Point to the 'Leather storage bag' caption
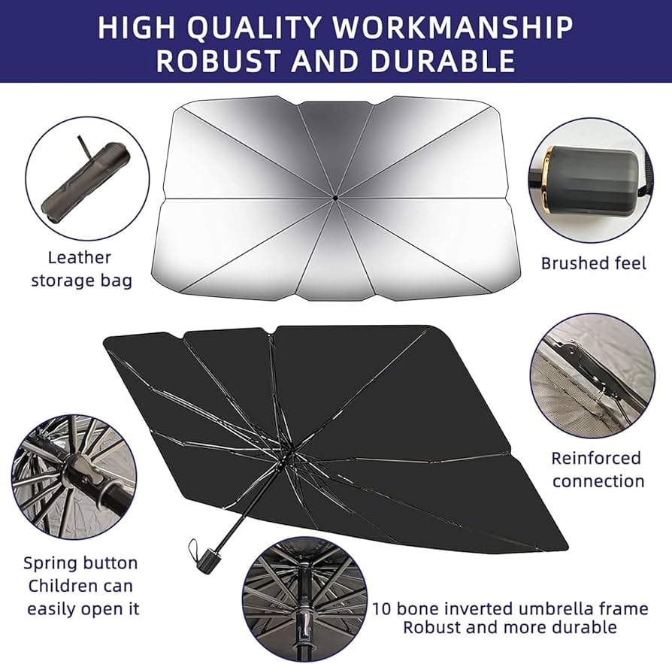82,269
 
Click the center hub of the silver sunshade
334,198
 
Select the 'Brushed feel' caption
593,263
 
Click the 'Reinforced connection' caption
598,469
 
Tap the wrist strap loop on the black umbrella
194,549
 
